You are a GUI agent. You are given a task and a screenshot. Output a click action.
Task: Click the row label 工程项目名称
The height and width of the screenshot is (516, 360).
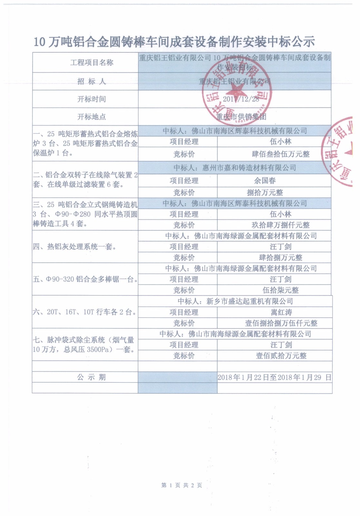tap(92, 63)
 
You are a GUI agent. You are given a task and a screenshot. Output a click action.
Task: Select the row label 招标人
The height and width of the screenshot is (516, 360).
tap(92, 81)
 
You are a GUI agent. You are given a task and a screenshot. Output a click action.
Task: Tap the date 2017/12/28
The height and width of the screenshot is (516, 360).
tap(241, 99)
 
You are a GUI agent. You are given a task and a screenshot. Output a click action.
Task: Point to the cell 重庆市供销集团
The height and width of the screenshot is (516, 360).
tap(241, 117)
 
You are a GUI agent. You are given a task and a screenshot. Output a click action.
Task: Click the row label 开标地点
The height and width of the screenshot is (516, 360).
tap(92, 117)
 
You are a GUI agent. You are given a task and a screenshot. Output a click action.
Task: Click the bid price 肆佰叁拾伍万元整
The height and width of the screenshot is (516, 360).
tap(280, 154)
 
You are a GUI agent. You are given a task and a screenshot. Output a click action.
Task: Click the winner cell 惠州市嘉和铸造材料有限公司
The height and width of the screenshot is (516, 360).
tap(235, 168)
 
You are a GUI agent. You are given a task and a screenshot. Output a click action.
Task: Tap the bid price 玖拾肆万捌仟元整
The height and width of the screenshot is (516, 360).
tap(280, 225)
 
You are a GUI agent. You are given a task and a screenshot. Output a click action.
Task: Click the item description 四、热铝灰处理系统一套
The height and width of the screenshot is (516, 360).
tap(75, 247)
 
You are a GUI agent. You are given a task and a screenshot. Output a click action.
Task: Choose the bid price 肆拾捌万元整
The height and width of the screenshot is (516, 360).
tap(280, 258)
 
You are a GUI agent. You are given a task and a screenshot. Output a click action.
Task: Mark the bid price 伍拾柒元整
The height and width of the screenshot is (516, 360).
tap(280, 290)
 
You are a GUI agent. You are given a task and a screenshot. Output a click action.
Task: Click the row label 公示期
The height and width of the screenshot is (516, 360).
tap(92, 377)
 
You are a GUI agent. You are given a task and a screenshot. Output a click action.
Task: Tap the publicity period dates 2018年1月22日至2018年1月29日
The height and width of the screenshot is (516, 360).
tap(274, 377)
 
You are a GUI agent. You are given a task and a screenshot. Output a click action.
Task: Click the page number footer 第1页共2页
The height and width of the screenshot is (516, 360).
tap(181, 485)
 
